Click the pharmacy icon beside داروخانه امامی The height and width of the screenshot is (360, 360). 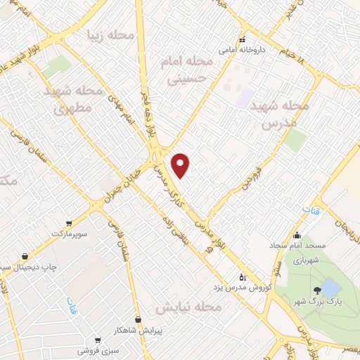[x=243, y=39]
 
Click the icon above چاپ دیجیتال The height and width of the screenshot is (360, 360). [x=25, y=256]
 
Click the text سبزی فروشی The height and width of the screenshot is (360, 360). [x=98, y=349]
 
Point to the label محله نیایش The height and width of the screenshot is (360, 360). [x=188, y=308]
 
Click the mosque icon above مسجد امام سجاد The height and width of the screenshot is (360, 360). [x=297, y=236]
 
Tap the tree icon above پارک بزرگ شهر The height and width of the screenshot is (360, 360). [x=317, y=289]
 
